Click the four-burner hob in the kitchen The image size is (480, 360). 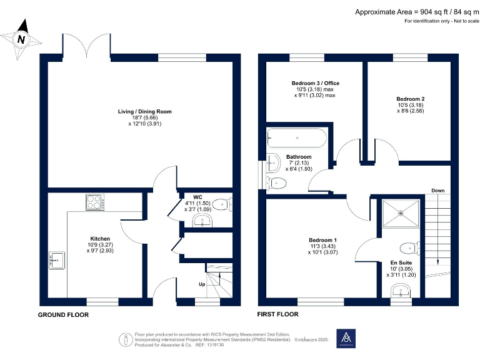click(95, 202)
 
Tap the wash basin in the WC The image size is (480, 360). click(201, 221)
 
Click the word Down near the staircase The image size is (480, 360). click(438, 190)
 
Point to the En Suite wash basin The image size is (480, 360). click(401, 291)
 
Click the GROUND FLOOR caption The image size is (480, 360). click(63, 314)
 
